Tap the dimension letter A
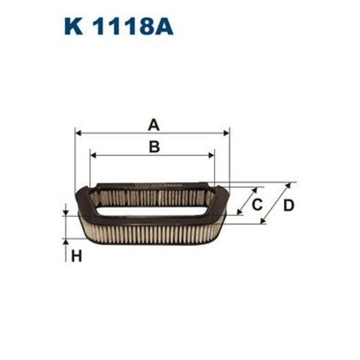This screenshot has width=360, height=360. [x=154, y=125]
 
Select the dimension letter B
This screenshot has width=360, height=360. [x=154, y=146]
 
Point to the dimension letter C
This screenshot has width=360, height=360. [x=256, y=204]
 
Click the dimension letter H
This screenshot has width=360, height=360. [x=76, y=257]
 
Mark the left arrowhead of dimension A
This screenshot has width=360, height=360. [x=78, y=132]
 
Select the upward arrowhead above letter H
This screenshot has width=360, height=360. [x=66, y=240]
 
